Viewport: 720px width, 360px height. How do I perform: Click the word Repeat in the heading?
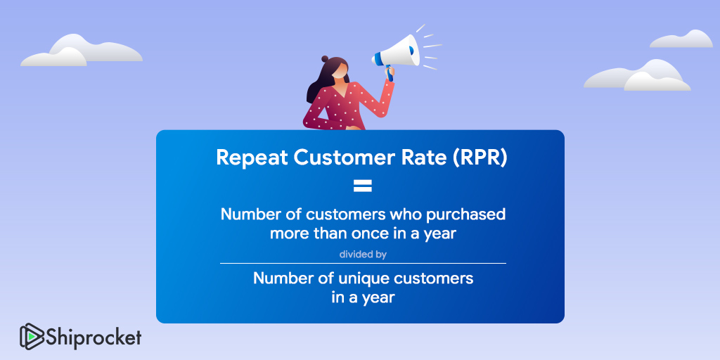pyautogui.click(x=252, y=158)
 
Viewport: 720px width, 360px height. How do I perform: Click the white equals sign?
pyautogui.click(x=362, y=186)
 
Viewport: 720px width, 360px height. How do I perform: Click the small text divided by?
pyautogui.click(x=363, y=255)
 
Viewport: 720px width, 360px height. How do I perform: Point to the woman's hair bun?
pyautogui.click(x=325, y=59)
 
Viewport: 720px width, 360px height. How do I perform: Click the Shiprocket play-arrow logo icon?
pyautogui.click(x=32, y=337)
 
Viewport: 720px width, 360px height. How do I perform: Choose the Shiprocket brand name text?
pyautogui.click(x=94, y=337)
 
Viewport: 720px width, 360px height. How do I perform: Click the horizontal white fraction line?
pyautogui.click(x=363, y=264)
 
